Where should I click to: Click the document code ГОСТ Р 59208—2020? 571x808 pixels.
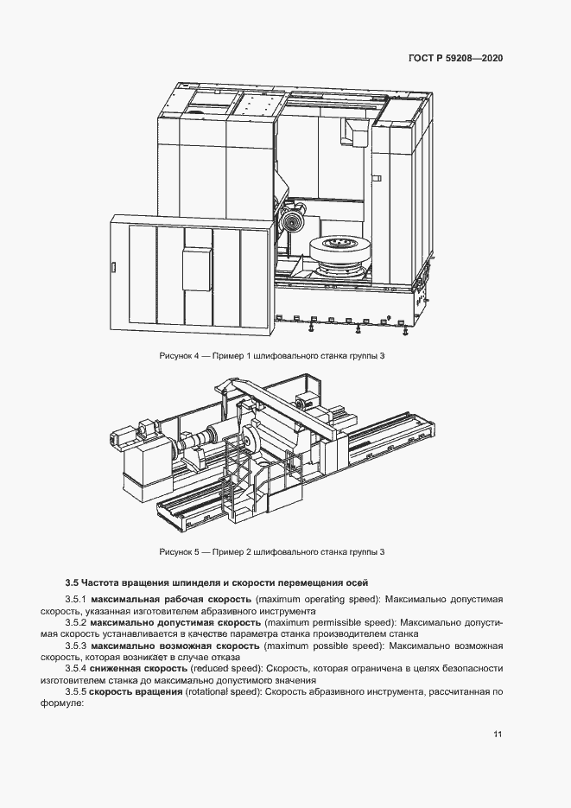pyautogui.click(x=455, y=59)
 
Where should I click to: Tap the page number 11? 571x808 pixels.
pyautogui.click(x=498, y=735)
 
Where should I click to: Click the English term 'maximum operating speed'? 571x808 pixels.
pyautogui.click(x=318, y=599)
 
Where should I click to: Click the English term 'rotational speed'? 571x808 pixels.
pyautogui.click(x=224, y=692)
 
